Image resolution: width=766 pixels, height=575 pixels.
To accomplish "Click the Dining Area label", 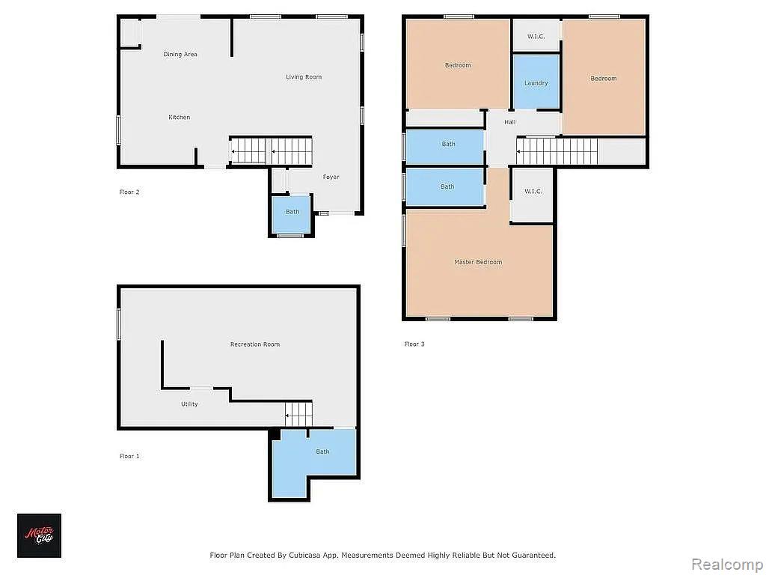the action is point(180,54).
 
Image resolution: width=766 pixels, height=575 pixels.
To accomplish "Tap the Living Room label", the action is point(304,77).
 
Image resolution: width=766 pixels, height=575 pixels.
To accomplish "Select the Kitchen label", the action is point(180,118).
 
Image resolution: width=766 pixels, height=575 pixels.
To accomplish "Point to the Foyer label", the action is point(331,177).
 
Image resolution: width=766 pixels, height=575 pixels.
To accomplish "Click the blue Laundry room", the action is point(536,82).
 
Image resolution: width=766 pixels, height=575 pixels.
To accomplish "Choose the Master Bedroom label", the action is point(478,262).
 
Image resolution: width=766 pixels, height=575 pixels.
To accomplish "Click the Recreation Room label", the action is point(255,344).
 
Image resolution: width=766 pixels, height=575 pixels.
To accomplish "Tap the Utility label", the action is point(189,404).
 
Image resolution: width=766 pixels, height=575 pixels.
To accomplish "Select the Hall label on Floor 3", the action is point(510,122).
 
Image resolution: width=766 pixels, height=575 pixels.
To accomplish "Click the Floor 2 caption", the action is point(129,192).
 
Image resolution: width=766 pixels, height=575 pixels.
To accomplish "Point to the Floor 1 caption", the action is point(129,456).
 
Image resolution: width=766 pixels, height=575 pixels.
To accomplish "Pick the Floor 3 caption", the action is point(414,344).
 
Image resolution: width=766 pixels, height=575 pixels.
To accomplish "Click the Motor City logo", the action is point(39,535).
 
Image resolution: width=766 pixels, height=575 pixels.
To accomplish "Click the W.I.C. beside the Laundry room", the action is point(536,37).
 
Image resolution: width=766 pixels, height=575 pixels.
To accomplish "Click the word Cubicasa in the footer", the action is point(305,556).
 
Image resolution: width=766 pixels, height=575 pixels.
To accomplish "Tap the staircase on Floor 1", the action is point(299,414).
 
